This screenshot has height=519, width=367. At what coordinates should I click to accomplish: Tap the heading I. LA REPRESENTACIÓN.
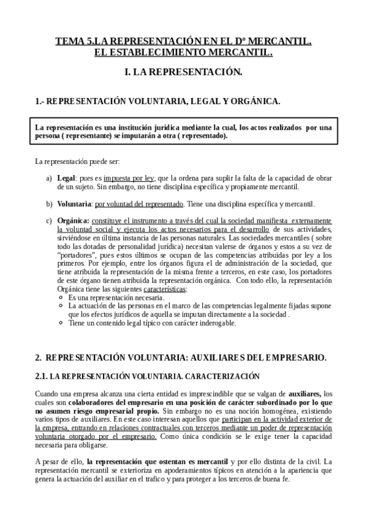[x=183, y=72]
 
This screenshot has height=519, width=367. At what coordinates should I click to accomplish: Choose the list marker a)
[x=49, y=177]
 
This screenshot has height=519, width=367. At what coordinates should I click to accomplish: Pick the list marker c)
[x=49, y=220]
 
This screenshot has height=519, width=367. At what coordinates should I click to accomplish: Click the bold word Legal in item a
[x=66, y=177]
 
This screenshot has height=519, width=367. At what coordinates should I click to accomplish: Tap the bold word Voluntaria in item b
[x=74, y=203]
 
